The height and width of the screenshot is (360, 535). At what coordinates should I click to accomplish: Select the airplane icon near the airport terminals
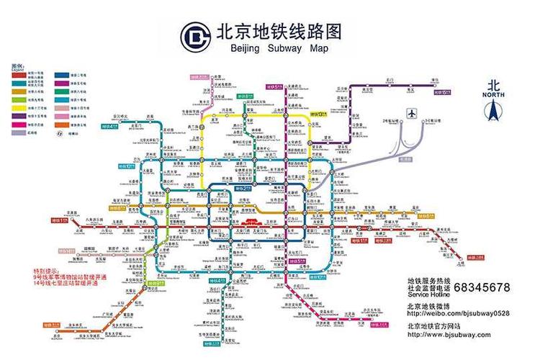412,113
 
